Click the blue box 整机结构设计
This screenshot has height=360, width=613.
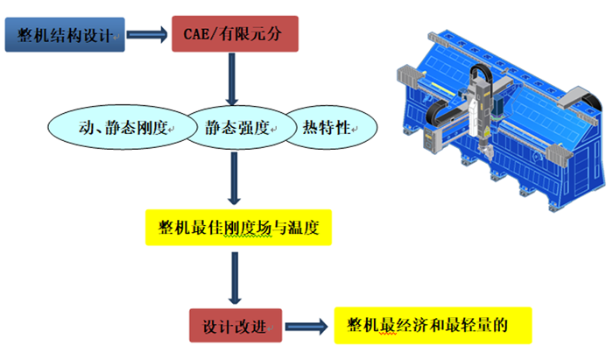coord(64,36)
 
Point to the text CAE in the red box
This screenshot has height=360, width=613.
coord(198,36)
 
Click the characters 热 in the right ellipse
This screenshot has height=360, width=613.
coord(310,129)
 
